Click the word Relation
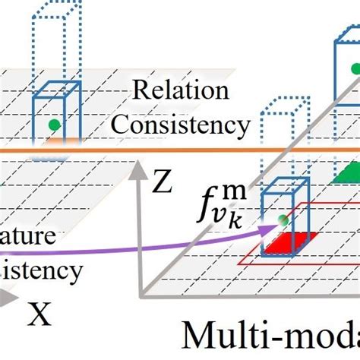point(180,91)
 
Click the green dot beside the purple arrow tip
point(283,220)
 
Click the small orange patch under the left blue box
point(53,141)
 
